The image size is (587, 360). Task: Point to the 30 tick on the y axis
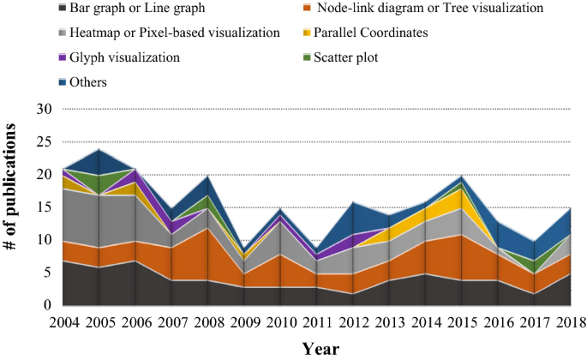(x=44, y=110)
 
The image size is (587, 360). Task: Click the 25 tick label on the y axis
(x=44, y=142)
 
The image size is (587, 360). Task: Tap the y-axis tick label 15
(x=44, y=207)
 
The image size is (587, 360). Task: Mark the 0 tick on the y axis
(x=48, y=306)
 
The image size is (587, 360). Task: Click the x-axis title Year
(x=320, y=349)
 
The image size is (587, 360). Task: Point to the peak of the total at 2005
(x=99, y=150)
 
